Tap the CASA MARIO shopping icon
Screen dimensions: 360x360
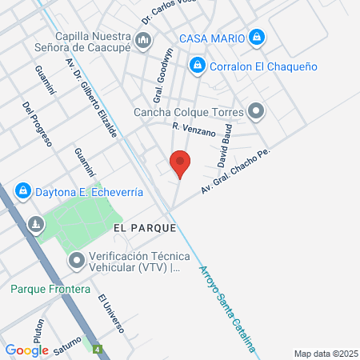256,37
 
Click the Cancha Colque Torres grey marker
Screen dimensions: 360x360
256,111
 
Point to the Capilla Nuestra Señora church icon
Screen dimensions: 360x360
143,40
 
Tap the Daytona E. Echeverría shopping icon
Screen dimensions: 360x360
23,191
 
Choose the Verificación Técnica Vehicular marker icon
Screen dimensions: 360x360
77,260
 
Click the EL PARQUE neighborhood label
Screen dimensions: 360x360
145,228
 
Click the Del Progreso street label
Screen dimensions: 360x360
37,124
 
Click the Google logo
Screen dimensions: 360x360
26,350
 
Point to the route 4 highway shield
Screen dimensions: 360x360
97,350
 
